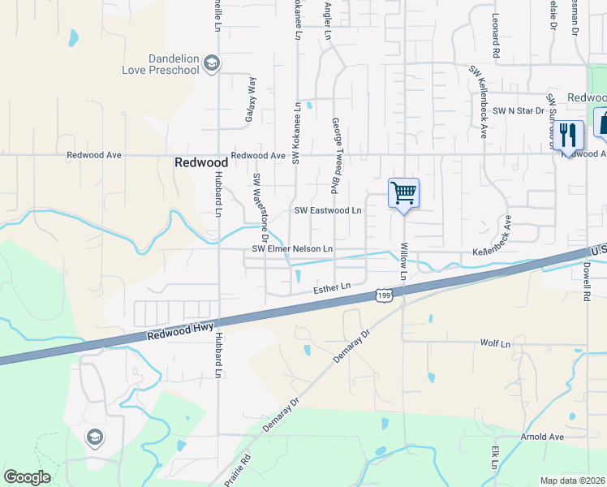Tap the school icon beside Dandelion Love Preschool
212,63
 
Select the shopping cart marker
403,194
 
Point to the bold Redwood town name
200,162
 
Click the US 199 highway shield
384,296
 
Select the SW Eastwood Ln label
327,210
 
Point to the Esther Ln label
332,287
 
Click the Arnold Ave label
542,437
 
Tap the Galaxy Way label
251,100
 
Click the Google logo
27,477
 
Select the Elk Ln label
493,456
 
